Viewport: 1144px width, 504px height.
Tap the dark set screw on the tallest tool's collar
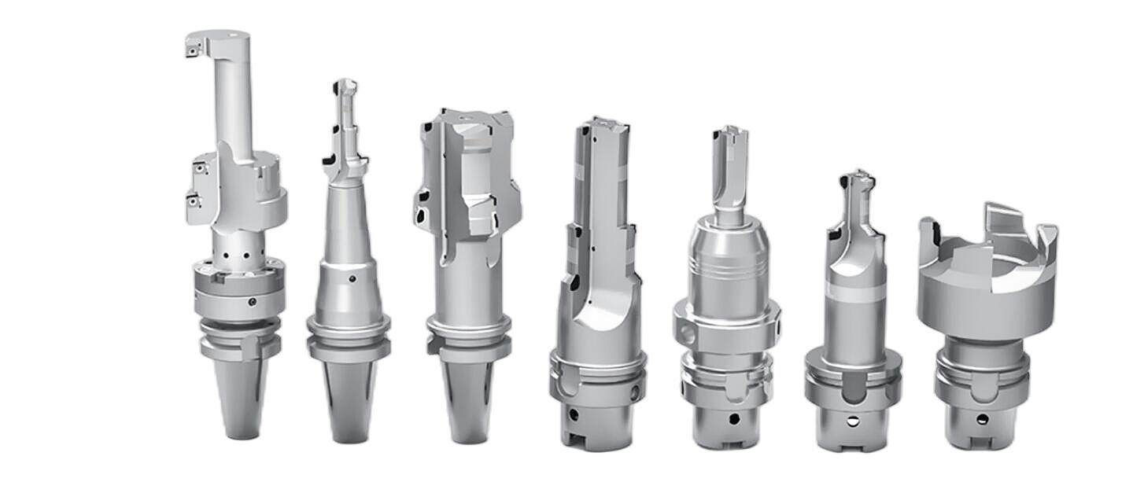tap(251, 302)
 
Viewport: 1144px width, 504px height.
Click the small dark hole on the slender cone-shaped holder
tap(352, 278)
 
